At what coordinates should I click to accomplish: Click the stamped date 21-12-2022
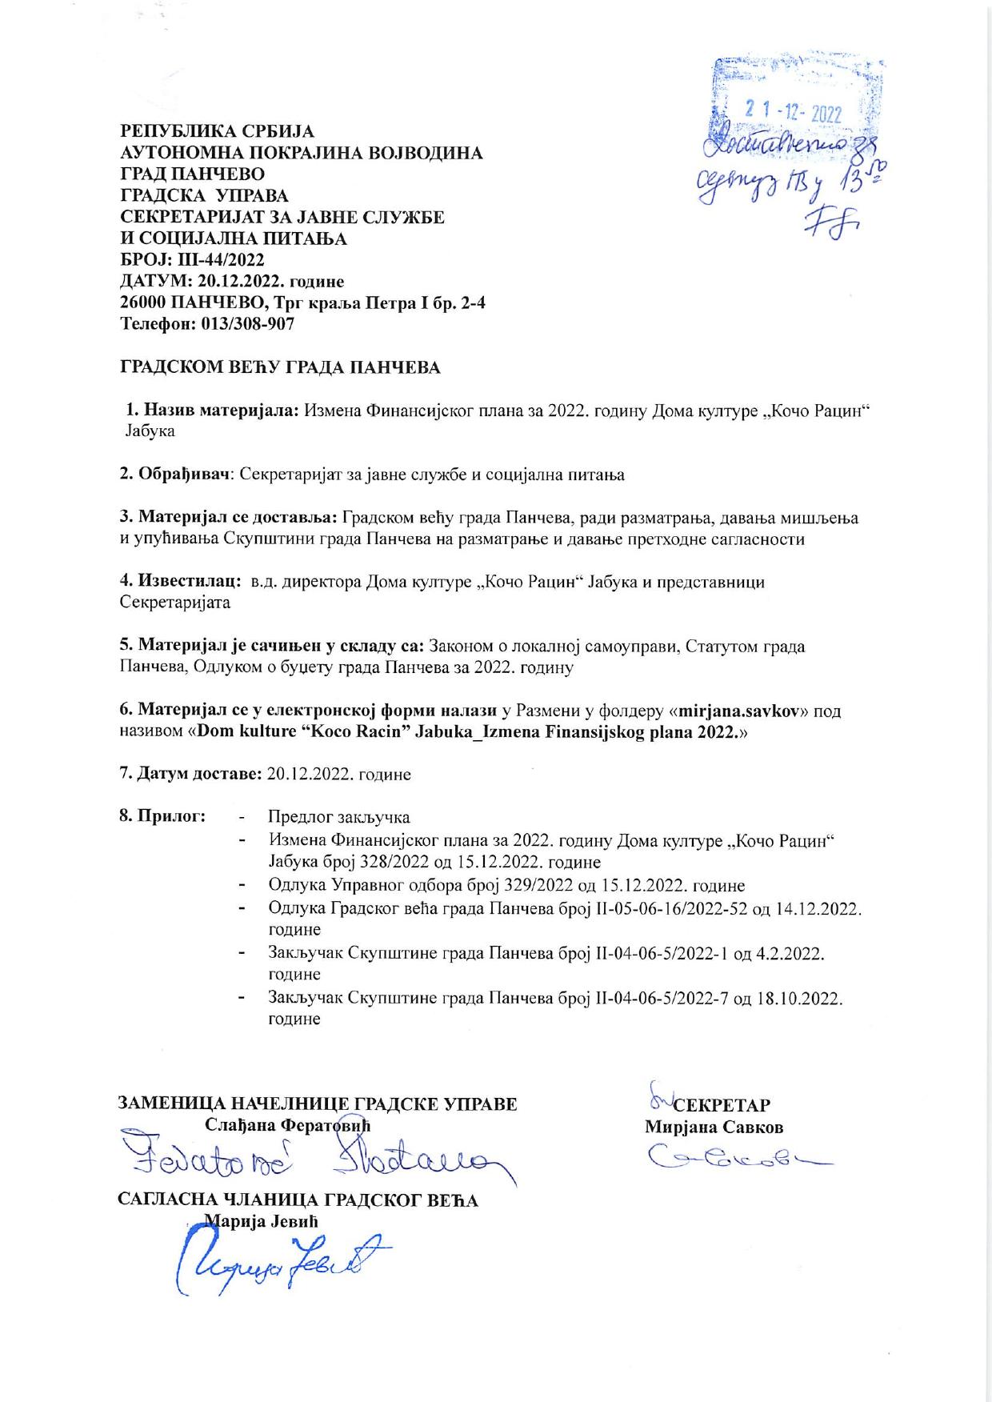click(793, 113)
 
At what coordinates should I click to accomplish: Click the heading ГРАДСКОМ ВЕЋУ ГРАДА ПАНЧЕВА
click(280, 368)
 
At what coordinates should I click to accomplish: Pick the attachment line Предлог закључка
click(339, 817)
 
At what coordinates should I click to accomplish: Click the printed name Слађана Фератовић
click(290, 1125)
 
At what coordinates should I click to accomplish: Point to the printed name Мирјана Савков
click(714, 1127)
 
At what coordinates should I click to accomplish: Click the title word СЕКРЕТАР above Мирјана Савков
click(722, 1105)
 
